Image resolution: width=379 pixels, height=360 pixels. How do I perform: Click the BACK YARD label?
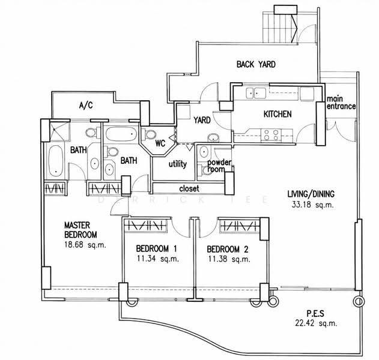[x=256, y=64]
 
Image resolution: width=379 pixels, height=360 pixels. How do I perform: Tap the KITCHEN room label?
[x=277, y=114]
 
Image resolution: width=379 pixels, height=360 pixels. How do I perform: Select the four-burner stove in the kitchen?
[x=271, y=135]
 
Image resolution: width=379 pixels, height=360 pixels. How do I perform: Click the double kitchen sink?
[x=256, y=93]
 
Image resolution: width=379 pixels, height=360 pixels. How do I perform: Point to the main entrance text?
[x=341, y=103]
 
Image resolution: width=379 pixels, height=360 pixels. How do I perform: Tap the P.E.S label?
[x=315, y=314]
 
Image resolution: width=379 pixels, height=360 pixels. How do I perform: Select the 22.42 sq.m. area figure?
[x=316, y=323]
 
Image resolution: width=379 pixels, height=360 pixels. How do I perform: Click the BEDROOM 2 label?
[x=228, y=249]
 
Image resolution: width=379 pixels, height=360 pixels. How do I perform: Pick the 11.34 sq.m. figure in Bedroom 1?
[x=158, y=259]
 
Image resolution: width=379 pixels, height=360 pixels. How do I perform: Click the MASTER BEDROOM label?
[x=80, y=230]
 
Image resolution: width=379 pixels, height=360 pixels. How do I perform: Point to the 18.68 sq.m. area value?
[x=85, y=245]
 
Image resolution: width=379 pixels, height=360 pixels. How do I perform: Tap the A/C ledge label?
[x=86, y=106]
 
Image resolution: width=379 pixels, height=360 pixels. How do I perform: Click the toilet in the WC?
[x=148, y=134]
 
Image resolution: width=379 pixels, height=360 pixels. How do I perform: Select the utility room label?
[x=178, y=164]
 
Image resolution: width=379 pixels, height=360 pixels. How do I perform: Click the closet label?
[x=189, y=188]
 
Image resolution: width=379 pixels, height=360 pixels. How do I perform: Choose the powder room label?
[x=219, y=166]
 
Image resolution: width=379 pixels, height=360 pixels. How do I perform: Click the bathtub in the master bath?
[x=56, y=161]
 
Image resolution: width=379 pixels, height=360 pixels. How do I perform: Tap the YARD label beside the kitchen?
[x=202, y=120]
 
